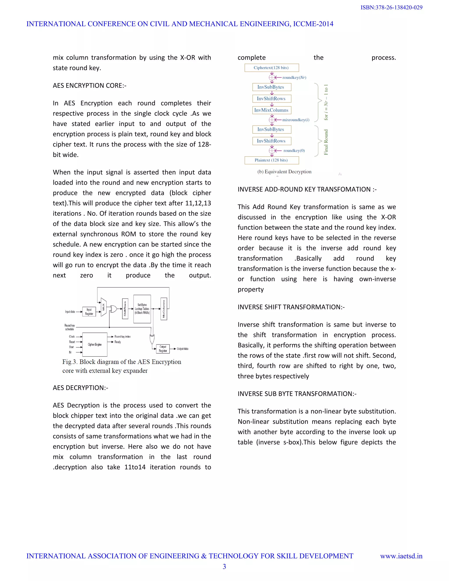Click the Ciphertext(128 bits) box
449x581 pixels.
tap(271, 68)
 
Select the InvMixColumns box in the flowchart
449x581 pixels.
tap(272, 110)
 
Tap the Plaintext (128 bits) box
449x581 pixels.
tap(271, 160)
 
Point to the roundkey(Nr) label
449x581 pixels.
tap(294, 77)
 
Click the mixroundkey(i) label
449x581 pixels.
tap(296, 120)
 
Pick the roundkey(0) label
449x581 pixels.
tap(294, 151)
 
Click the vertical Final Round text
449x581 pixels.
tap(326, 142)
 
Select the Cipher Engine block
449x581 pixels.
tap(95, 344)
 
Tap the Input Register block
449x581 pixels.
tap(89, 312)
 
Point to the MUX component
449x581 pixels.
tap(103, 307)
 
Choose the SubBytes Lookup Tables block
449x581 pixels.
tap(142, 309)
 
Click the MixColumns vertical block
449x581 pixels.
tap(164, 309)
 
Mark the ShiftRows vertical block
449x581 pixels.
tap(125, 309)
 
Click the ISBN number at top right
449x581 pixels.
tap(391, 7)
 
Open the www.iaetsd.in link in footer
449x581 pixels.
tap(401, 556)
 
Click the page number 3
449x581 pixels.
tap(224, 567)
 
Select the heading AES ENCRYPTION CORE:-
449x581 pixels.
tap(90, 86)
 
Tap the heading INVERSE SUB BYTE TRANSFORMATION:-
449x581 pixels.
tap(297, 394)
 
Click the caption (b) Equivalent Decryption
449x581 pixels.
tap(284, 172)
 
